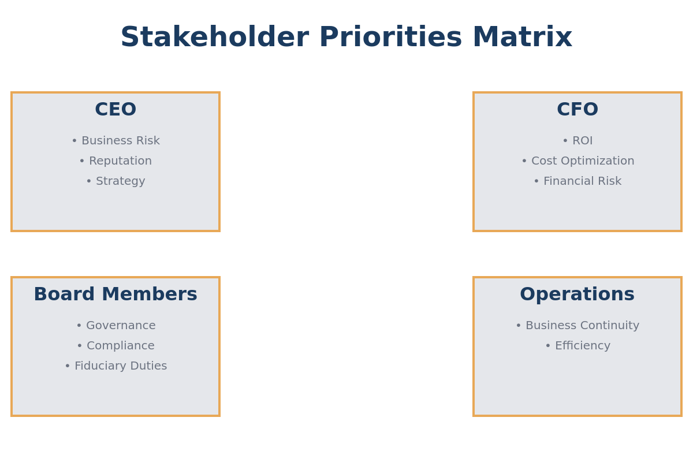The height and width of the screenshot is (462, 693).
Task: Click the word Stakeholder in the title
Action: tap(214, 38)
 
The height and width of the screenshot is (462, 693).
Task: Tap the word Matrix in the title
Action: tap(522, 38)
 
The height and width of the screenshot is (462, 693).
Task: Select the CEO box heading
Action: tap(115, 110)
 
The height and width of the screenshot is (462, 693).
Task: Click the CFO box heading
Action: tap(577, 110)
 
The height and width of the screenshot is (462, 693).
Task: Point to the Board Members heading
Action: tap(115, 295)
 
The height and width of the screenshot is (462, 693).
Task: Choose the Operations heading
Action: tap(577, 295)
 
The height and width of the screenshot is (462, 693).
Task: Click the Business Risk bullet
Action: tap(115, 141)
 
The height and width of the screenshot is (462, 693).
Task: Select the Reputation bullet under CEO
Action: tap(115, 161)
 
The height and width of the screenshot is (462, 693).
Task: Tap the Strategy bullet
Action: tap(115, 181)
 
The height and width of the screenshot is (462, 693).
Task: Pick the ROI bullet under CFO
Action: tap(577, 141)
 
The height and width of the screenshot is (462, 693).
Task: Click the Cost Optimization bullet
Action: tap(577, 161)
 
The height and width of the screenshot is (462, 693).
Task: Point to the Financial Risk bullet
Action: tap(577, 181)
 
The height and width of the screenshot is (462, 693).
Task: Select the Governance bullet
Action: tap(115, 326)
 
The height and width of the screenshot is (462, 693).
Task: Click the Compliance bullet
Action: tap(115, 346)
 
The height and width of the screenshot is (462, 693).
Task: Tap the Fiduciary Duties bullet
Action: tap(115, 366)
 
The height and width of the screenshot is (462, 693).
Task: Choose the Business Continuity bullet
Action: tap(577, 326)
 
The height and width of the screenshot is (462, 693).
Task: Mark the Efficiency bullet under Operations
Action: tap(577, 346)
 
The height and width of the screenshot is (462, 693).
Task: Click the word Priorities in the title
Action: tap(390, 38)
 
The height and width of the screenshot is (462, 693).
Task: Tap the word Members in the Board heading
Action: tap(149, 295)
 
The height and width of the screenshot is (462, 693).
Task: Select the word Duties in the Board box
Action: tap(148, 366)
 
